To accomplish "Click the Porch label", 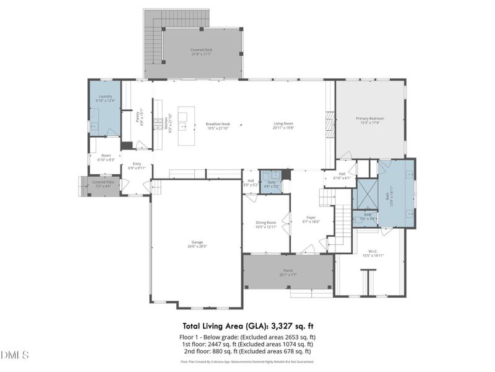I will pyautogui.click(x=288, y=272).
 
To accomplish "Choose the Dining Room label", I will pyautogui.click(x=265, y=225).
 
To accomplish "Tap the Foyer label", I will pyautogui.click(x=311, y=219).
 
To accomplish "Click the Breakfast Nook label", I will pyautogui.click(x=218, y=126).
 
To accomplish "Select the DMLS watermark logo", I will pyautogui.click(x=15, y=355).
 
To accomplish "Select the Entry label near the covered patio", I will pyautogui.click(x=137, y=166).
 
